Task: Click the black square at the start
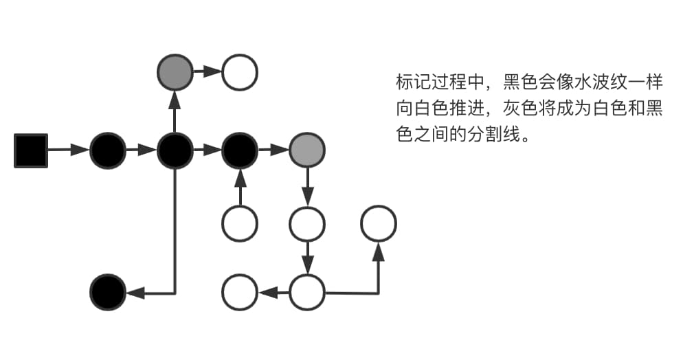[x=31, y=150]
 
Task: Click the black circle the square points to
[x=108, y=150]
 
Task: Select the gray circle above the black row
[x=175, y=72]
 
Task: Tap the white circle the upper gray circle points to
[x=240, y=72]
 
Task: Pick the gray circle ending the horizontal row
[x=306, y=150]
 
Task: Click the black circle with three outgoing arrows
[x=175, y=150]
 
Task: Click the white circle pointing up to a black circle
[x=240, y=223]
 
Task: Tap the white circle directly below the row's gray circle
[x=306, y=223]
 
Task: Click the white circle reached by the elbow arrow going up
[x=379, y=223]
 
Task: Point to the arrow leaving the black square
[x=68, y=150]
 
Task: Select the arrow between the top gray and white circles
[x=207, y=72]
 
